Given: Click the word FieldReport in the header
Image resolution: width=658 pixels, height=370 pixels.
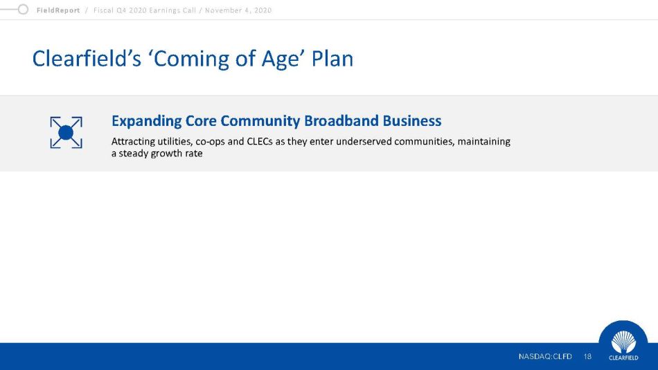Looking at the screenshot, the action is pos(58,10).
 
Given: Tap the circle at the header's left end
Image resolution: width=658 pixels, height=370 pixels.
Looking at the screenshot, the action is pos(23,9).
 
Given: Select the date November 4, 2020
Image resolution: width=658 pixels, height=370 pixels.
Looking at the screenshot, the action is pos(238,10).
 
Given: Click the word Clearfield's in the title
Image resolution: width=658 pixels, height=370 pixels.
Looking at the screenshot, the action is pos(87,58).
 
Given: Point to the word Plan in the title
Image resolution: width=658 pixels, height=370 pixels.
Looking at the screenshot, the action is pos(332,58).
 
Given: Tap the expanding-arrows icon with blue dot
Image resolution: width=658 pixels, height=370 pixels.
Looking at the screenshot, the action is pos(66,132).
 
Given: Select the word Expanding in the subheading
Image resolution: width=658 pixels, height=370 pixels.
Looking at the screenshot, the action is pos(146,121).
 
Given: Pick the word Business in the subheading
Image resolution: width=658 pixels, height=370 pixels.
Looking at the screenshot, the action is pos(412,120).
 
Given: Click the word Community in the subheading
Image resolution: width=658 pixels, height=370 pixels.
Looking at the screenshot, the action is pos(260,121).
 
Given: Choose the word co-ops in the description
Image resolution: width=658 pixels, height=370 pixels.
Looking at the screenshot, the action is pos(211,142).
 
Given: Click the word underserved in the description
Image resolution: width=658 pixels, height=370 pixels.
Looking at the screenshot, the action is pos(364,141).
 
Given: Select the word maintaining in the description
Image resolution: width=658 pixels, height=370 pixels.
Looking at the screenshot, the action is pos(484,142).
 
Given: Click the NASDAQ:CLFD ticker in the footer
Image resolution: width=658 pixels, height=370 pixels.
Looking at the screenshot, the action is pos(545,357).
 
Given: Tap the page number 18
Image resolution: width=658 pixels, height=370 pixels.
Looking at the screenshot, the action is pos(587,357).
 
